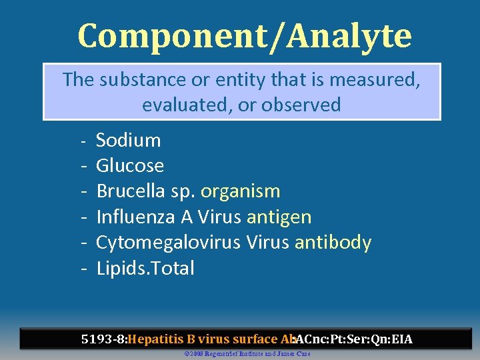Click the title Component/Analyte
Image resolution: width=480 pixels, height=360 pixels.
tap(245, 35)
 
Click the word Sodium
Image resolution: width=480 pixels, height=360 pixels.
tap(129, 140)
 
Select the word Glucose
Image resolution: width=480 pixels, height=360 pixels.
tap(130, 165)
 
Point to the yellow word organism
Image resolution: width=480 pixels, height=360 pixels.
tap(240, 192)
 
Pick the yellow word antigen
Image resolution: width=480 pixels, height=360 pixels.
tap(279, 217)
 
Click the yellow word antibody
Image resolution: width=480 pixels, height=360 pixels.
tap(333, 243)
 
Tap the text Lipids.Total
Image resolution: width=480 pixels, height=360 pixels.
tap(145, 269)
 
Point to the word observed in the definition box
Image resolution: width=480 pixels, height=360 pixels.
tap(301, 105)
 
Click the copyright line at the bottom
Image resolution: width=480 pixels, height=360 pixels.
tap(247, 353)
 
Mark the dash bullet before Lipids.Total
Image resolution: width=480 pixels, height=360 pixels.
tap(85, 269)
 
